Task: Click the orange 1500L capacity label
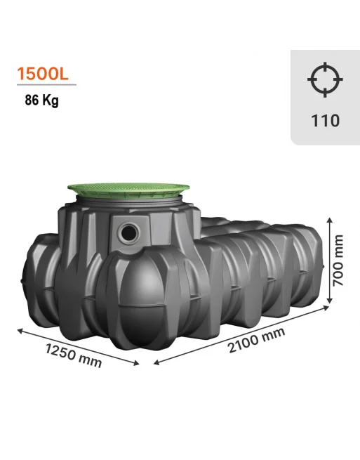pyautogui.click(x=43, y=74)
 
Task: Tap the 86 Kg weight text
pyautogui.click(x=41, y=100)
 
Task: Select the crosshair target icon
pyautogui.click(x=325, y=79)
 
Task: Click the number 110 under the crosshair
pyautogui.click(x=325, y=120)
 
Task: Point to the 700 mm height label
pyautogui.click(x=338, y=261)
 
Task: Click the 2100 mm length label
pyautogui.click(x=256, y=340)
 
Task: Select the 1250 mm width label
pyautogui.click(x=73, y=355)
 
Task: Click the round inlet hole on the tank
pyautogui.click(x=128, y=232)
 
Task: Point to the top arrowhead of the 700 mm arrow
pyautogui.click(x=330, y=221)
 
